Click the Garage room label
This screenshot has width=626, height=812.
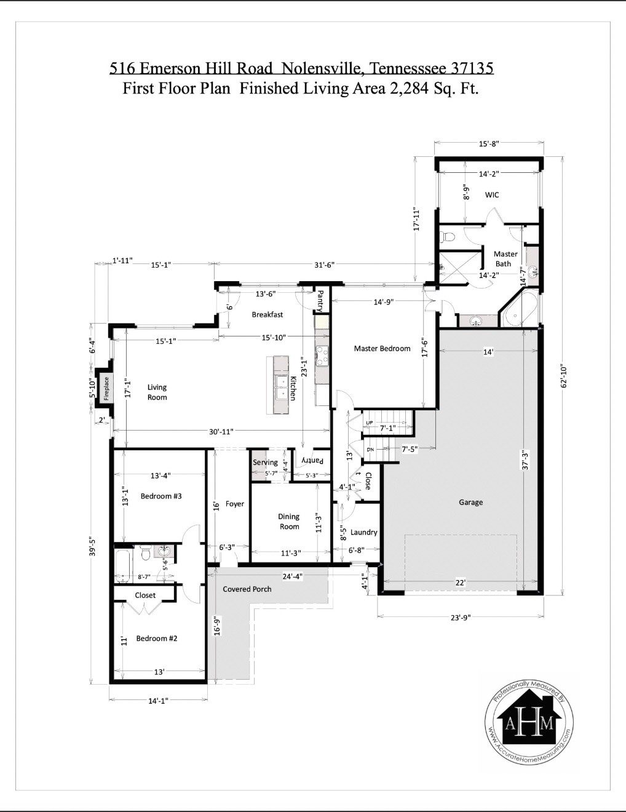470,503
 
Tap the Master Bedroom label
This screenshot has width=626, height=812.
382,349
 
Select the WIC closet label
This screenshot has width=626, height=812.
492,195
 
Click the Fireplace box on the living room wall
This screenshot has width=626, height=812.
105,389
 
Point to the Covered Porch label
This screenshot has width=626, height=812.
247,589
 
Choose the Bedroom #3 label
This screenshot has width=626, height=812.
160,496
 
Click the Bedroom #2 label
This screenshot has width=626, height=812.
156,639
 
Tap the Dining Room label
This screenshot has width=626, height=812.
289,522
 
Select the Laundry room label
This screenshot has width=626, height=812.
363,533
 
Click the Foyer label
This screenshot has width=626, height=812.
234,504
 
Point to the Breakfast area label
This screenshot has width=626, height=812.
267,315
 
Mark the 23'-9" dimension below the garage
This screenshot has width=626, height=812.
460,618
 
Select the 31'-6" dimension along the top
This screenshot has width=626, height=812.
323,265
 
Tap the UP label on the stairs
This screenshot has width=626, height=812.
369,423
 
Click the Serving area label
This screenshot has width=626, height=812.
265,463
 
